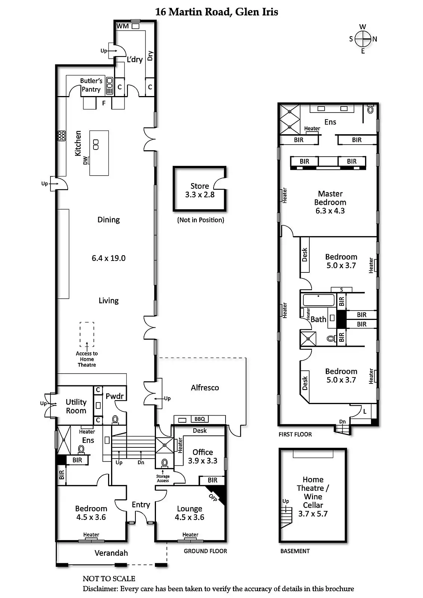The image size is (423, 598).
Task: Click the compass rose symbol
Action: tap(363, 39)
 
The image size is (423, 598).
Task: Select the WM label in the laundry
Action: tap(122, 26)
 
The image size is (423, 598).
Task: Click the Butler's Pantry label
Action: tap(91, 85)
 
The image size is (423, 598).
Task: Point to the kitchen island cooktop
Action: tap(96, 144)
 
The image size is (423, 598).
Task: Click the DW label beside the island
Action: tap(85, 160)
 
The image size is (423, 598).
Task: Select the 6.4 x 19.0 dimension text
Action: tap(108, 258)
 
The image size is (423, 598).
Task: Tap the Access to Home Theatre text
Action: tap(87, 359)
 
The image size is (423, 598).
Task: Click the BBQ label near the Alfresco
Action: tap(199, 419)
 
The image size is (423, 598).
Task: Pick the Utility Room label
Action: tap(76, 406)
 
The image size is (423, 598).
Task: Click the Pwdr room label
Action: tap(114, 396)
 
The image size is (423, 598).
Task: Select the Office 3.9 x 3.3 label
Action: tap(202, 456)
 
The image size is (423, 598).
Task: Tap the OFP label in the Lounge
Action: tap(213, 497)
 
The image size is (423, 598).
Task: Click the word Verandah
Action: tap(111, 553)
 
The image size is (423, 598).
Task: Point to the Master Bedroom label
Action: tap(330, 202)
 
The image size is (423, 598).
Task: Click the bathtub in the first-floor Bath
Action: tap(319, 300)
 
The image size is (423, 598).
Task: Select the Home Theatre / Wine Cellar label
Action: tap(313, 496)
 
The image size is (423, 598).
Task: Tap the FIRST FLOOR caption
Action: tap(295, 434)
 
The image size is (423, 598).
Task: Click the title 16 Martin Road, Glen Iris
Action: tap(217, 12)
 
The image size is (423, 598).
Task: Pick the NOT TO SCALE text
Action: tap(109, 579)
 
